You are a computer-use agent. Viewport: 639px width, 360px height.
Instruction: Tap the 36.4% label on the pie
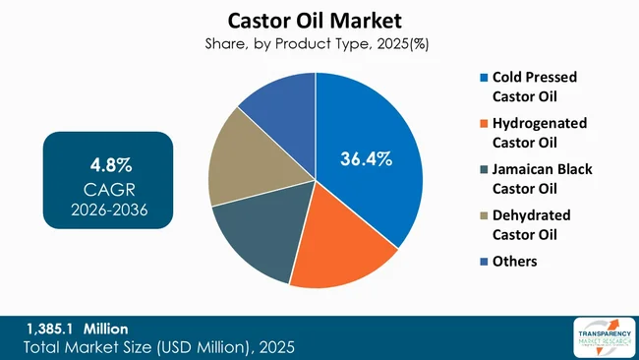pos(366,157)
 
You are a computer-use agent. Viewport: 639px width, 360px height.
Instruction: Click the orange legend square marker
pos(481,124)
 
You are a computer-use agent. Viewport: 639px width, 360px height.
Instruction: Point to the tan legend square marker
pos(481,215)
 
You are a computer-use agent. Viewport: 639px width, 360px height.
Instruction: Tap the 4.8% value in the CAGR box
pos(107,162)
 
